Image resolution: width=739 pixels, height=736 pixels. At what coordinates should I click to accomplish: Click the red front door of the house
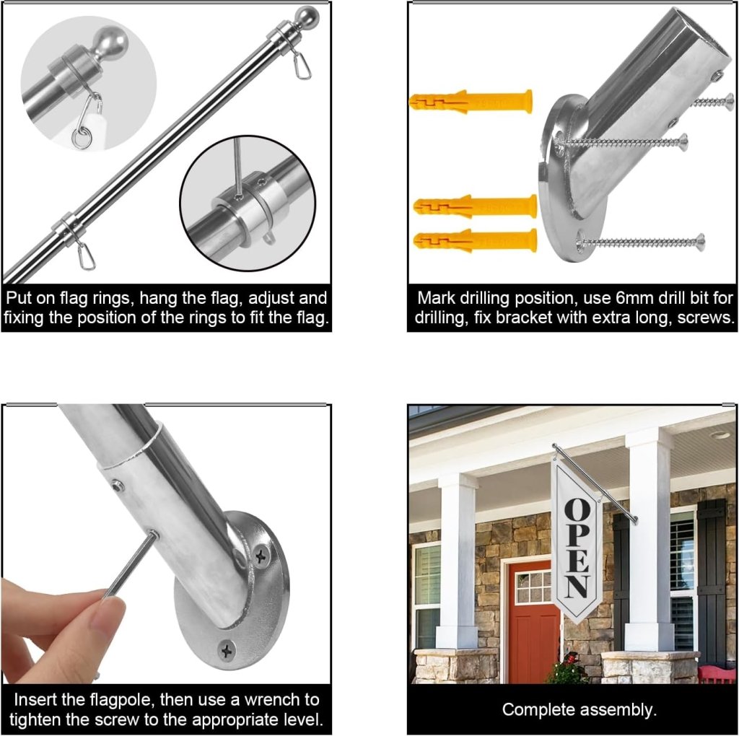534,622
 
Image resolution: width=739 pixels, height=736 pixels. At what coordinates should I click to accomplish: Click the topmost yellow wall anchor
471,101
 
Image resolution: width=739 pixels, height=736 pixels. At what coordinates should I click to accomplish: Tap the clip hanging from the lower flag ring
87,256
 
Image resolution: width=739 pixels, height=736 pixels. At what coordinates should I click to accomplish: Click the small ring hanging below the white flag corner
81,139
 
